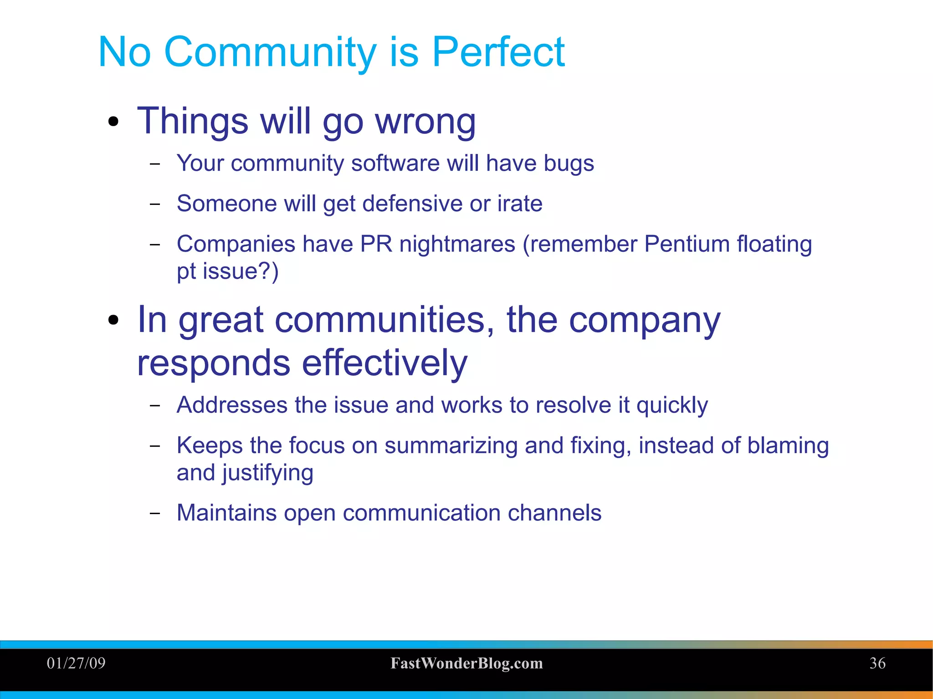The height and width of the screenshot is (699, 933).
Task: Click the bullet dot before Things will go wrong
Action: click(113, 122)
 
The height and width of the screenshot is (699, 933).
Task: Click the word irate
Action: click(519, 204)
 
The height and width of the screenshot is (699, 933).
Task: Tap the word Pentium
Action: click(687, 244)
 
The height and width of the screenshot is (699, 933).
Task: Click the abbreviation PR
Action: click(376, 244)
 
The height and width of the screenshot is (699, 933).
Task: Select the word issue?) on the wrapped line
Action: click(240, 271)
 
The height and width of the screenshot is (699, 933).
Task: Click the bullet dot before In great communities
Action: click(113, 320)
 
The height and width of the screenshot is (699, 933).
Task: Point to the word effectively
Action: click(384, 363)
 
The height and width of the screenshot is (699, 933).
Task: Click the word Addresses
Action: click(232, 405)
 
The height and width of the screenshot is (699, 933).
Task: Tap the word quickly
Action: click(672, 406)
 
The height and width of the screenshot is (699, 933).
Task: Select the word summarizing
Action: click(451, 446)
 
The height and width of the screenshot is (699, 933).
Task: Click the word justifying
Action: click(267, 473)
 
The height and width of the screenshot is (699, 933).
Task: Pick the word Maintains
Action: click(226, 513)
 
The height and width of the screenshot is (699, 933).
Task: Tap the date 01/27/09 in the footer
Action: click(76, 663)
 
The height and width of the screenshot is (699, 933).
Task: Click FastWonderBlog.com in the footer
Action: click(466, 663)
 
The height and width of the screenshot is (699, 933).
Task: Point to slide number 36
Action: click(877, 663)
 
